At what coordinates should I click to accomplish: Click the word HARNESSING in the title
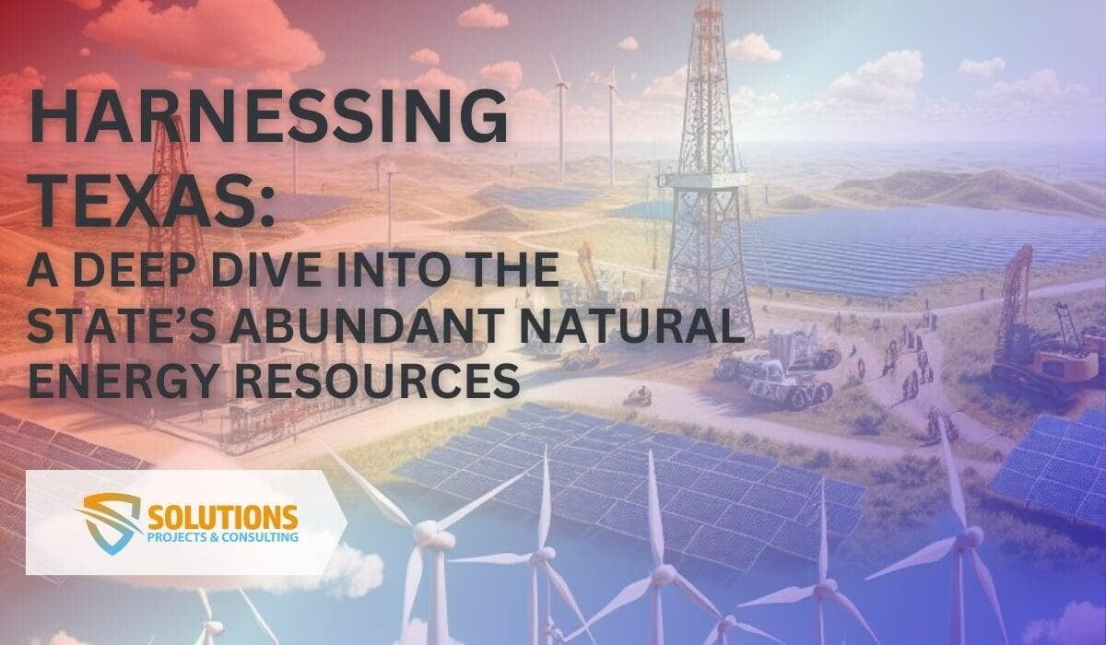(268, 118)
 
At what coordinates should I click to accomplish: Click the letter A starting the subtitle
(41, 274)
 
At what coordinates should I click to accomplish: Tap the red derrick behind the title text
(171, 184)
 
